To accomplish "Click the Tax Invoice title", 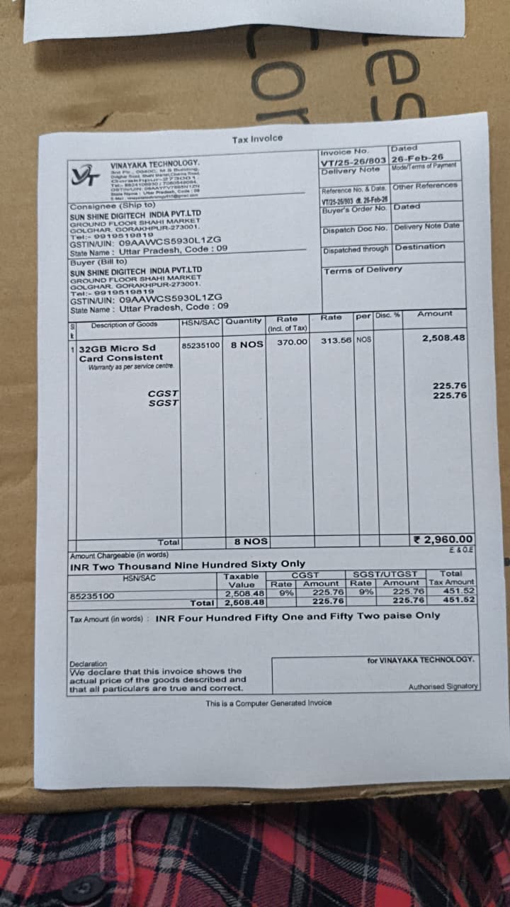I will click(256, 139).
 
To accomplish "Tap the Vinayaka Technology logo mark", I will click(84, 174).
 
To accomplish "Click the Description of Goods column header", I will click(124, 325).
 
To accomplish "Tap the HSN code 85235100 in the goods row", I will click(201, 345).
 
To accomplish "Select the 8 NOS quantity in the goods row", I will click(246, 344).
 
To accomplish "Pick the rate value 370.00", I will click(293, 342).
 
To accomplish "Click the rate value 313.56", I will click(336, 340).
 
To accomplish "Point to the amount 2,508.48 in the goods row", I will click(443, 338).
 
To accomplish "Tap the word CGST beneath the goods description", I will click(163, 393).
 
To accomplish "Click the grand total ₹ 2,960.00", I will click(443, 539).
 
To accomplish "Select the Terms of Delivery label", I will click(363, 270).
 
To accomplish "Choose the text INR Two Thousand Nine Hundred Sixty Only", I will click(187, 565).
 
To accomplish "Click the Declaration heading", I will click(88, 664).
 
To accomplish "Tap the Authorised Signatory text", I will click(443, 687).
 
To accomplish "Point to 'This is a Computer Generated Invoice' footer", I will click(268, 703).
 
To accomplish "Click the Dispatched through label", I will click(356, 249).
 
